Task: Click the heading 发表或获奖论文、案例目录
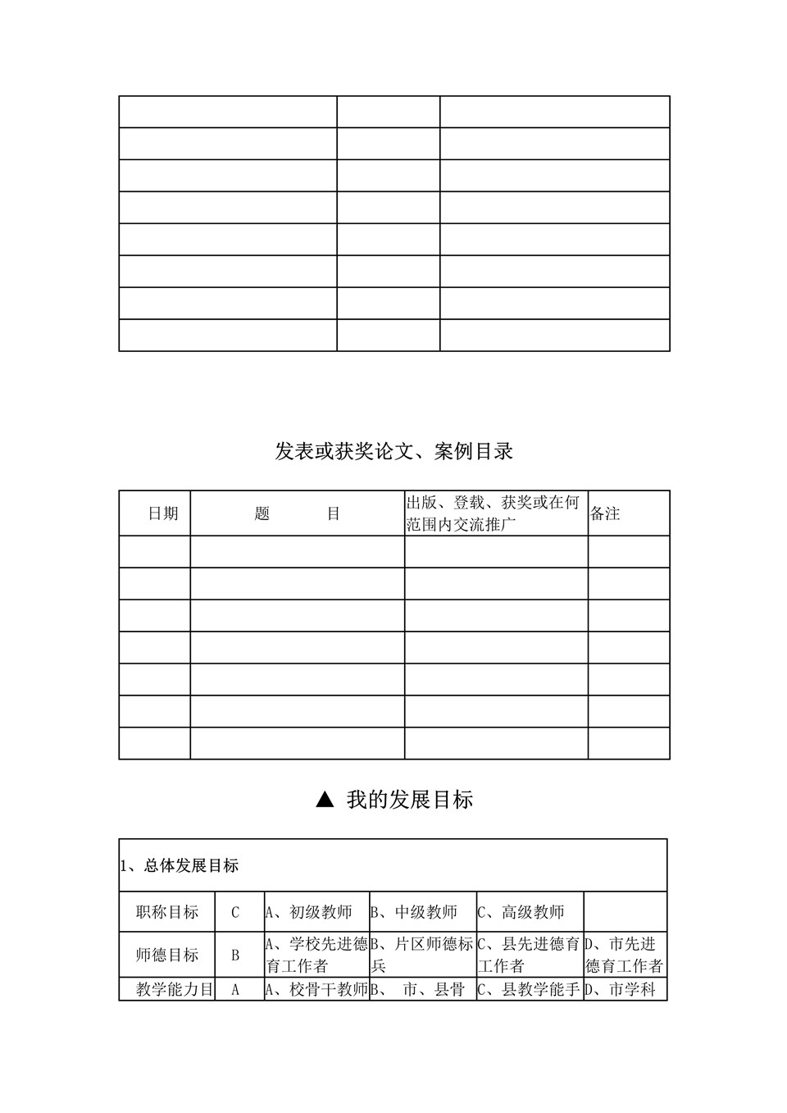click(x=393, y=451)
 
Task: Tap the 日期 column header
click(x=162, y=513)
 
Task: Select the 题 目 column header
click(x=297, y=513)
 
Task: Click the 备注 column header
click(x=605, y=513)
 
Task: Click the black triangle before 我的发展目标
click(x=325, y=800)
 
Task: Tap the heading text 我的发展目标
click(x=410, y=800)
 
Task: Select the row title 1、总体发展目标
click(x=180, y=865)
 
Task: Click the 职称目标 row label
click(x=167, y=912)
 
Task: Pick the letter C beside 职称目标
click(x=235, y=912)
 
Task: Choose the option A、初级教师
click(x=308, y=912)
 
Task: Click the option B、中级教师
click(x=414, y=912)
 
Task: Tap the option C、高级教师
click(x=521, y=912)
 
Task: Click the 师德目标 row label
click(x=167, y=955)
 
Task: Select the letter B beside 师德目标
click(x=235, y=955)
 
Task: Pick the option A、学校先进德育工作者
click(x=316, y=955)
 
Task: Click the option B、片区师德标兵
click(x=422, y=955)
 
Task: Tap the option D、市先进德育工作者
click(x=624, y=955)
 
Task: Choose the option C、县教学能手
click(x=529, y=990)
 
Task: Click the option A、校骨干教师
click(x=316, y=990)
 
